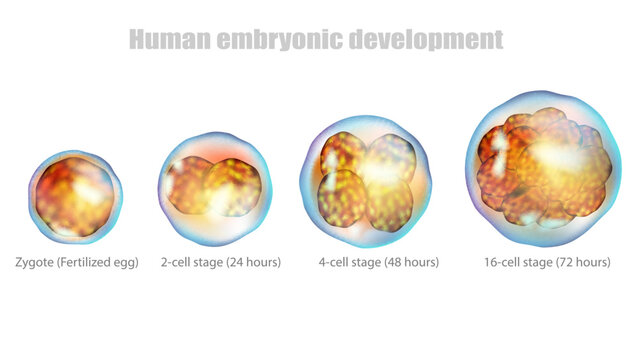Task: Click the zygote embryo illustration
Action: click(76, 195)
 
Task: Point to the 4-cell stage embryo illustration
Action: click(365, 180)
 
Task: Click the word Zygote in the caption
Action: click(35, 262)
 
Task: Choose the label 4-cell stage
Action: click(346, 262)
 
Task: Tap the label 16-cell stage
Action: click(513, 262)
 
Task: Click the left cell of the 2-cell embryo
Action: click(190, 187)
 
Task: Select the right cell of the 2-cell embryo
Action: click(235, 187)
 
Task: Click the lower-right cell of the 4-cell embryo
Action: click(389, 203)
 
